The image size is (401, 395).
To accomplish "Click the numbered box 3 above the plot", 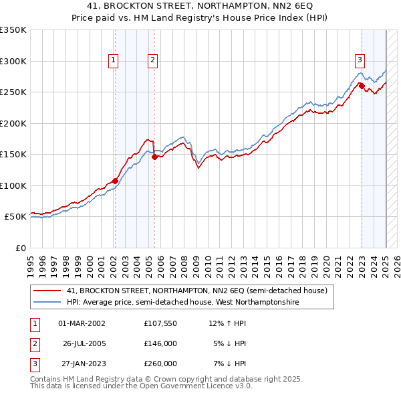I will [x=360, y=60].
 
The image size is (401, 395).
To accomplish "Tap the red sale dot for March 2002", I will [x=115, y=181].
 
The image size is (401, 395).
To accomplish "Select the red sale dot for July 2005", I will [x=154, y=157].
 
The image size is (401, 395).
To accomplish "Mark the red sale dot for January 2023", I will [x=362, y=86].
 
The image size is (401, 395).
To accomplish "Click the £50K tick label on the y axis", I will [x=15, y=217].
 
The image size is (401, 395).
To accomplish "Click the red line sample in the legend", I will [x=47, y=291].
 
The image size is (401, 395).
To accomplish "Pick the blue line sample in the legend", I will [x=47, y=303].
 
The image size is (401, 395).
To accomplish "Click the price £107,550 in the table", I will [x=160, y=323].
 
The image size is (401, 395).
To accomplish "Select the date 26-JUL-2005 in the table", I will [x=84, y=343].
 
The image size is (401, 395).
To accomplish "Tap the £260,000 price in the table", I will [x=160, y=364].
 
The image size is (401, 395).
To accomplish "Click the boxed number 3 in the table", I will [x=33, y=364].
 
